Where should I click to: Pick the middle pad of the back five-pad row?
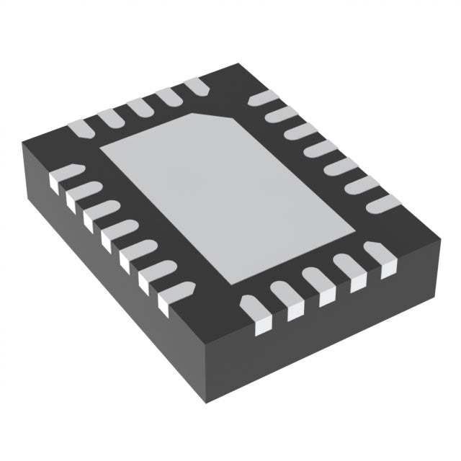tap(138, 107)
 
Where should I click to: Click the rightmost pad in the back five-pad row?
tap(196, 86)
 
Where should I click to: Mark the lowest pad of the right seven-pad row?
tap(382, 204)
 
